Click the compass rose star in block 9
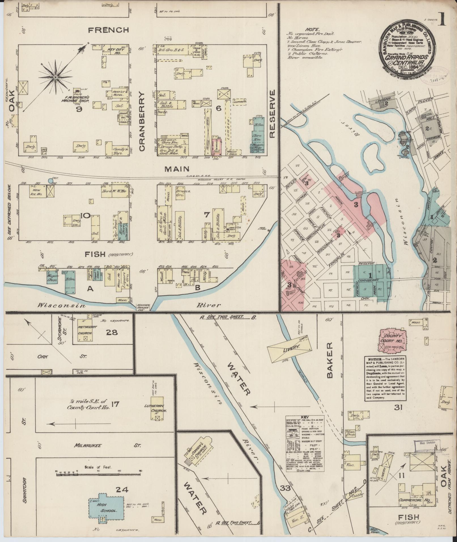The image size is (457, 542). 56,77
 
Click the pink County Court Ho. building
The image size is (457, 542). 392,341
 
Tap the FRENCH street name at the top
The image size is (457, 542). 109,30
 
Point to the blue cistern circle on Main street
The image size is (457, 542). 50,180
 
